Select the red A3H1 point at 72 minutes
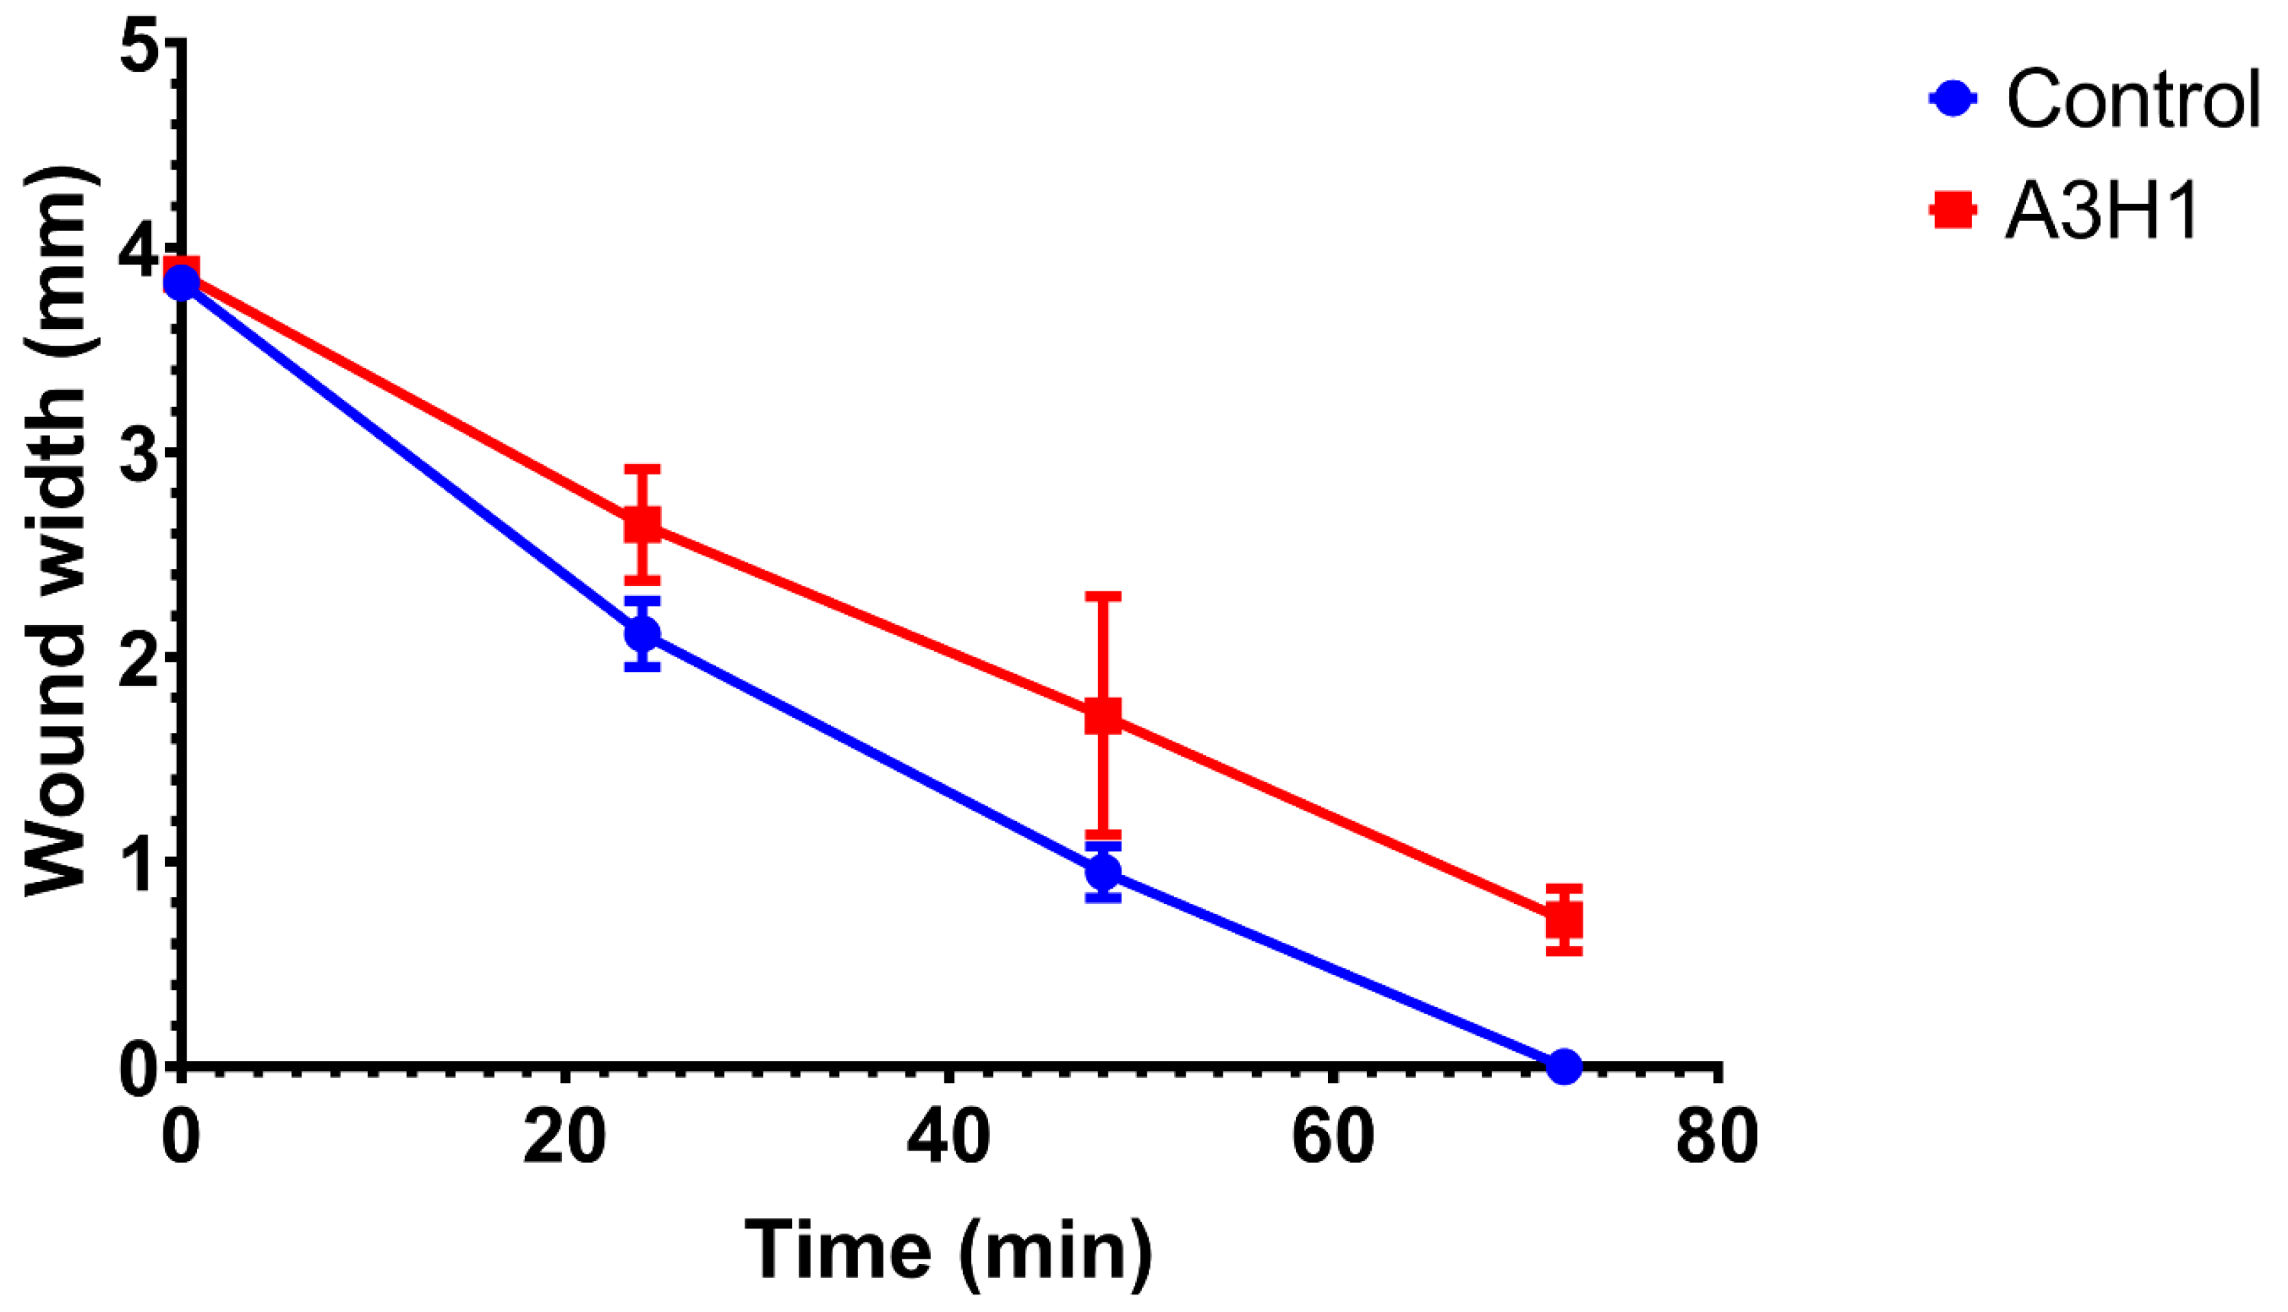[x=1563, y=921]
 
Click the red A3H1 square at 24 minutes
[x=643, y=524]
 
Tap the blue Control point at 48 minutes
[x=1103, y=872]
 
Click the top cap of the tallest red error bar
[x=1103, y=595]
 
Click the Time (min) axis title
[x=948, y=1250]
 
